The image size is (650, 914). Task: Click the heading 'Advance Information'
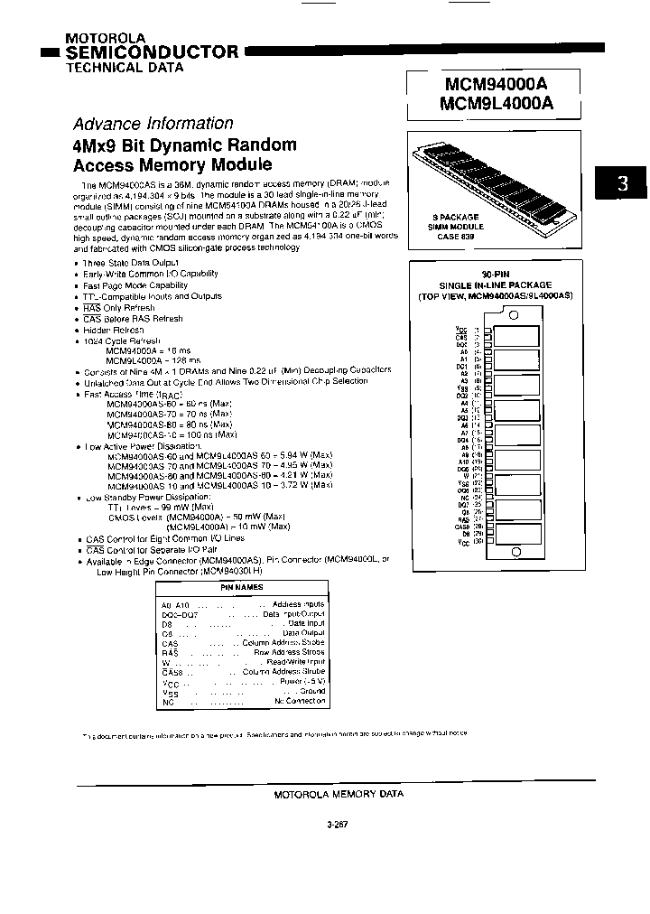coord(153,124)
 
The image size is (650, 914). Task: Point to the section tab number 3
coord(622,184)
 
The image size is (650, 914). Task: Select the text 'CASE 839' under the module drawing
coord(456,238)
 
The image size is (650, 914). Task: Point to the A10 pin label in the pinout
coord(464,462)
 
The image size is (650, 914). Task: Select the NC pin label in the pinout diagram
coord(465,497)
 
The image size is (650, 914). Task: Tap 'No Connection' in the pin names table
coord(300,702)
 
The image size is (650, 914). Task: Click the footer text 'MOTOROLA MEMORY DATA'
coord(338,793)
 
